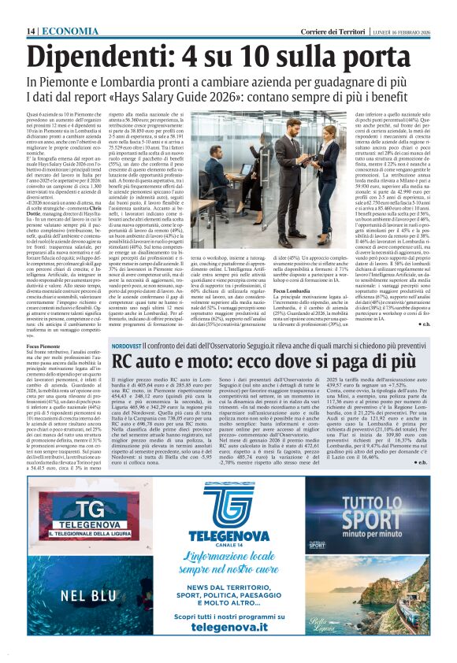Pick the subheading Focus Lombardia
click(x=295, y=291)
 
